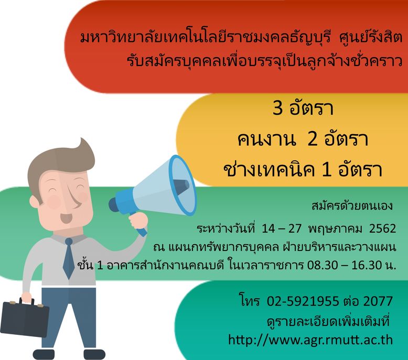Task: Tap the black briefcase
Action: coord(25,318)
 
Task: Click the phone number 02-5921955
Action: coord(303,301)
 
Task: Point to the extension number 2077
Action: coord(378,301)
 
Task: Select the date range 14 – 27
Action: coord(282,228)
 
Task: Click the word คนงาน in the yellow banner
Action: coord(267,139)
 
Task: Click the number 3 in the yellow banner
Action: coord(277,107)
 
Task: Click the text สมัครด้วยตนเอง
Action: coord(352,206)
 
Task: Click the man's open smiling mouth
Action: coord(66,218)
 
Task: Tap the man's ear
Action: coord(34,202)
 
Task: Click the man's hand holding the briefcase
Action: coord(26,297)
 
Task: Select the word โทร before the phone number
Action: coord(249,301)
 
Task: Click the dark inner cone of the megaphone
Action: coord(181,187)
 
